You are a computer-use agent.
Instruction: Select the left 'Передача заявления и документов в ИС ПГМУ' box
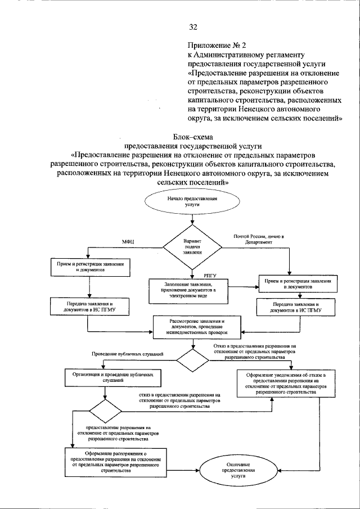91,307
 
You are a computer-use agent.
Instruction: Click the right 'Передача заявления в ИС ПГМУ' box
296,307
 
